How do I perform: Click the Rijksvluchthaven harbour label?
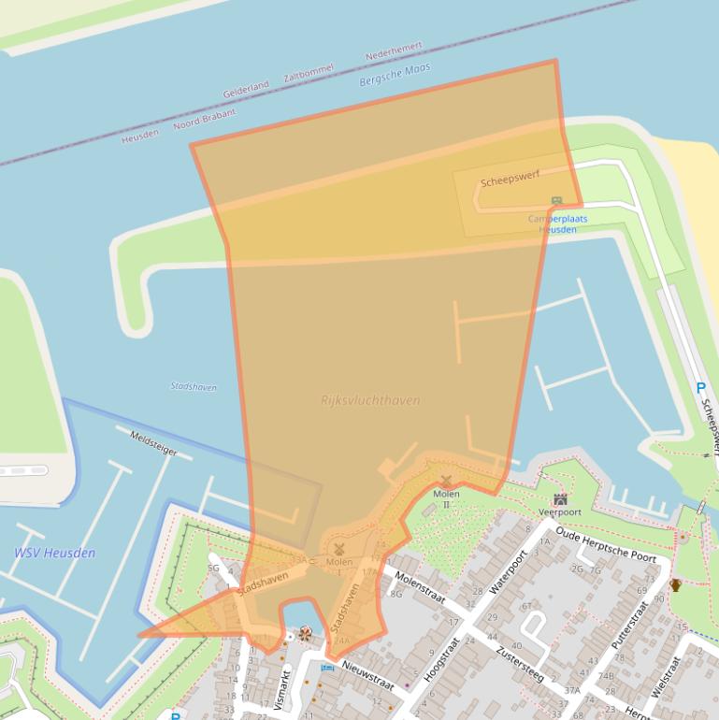point(370,400)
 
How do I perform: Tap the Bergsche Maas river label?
point(395,76)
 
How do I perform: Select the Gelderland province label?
point(246,90)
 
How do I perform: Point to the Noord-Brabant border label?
point(205,120)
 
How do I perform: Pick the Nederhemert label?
point(394,50)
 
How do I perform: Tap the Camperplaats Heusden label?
point(558,223)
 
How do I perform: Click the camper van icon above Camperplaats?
point(557,201)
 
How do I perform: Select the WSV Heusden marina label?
point(54,553)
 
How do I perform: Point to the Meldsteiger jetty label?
point(153,443)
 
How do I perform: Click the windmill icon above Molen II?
point(446,481)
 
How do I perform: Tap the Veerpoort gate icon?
point(560,499)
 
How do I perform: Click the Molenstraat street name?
point(420,587)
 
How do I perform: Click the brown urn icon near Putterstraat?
point(675,585)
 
